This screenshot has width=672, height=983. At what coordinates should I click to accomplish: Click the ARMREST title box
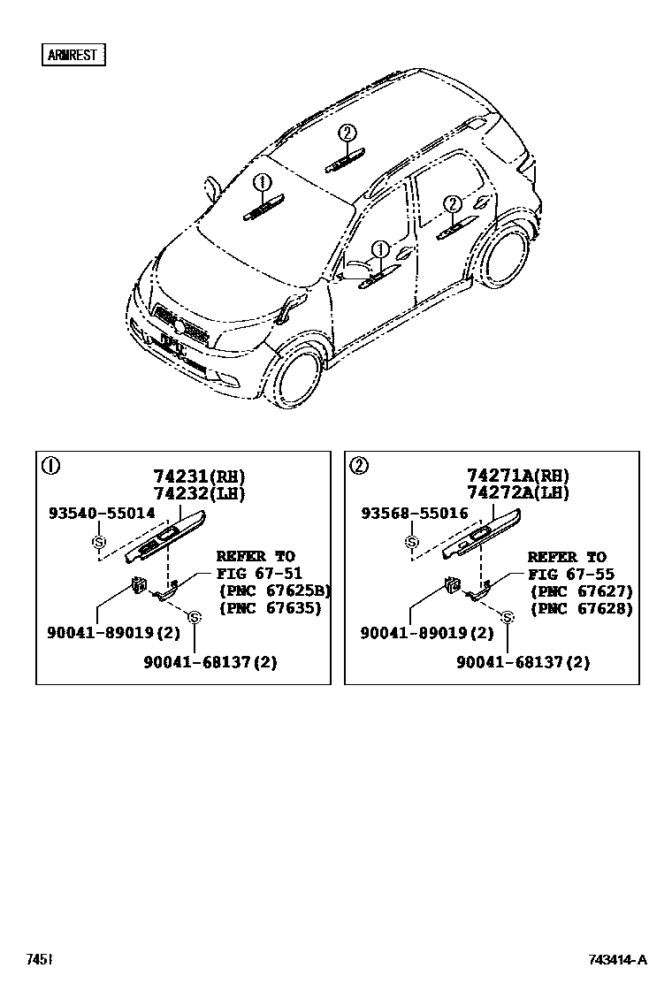pos(73,55)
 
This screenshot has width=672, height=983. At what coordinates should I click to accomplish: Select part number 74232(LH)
pos(200,494)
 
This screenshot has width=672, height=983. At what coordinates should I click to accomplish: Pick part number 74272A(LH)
pos(518,494)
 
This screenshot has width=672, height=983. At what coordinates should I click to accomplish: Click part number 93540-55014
pos(101,513)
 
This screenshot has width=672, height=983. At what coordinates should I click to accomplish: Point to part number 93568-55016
pos(414,513)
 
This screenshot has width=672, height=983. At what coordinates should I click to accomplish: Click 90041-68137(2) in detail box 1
pos(210,662)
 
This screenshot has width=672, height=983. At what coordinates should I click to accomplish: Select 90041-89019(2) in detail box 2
pos(426,633)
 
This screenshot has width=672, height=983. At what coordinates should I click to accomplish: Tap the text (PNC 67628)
pos(582,608)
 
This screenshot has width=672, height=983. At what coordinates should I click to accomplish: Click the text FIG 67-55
pos(566,574)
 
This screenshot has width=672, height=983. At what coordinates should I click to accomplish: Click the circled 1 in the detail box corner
pos(51,466)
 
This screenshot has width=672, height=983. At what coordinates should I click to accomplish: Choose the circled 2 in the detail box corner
pos(359,466)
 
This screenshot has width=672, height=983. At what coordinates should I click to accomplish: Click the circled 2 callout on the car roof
pos(347,133)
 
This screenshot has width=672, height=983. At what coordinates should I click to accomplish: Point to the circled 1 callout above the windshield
pos(261,183)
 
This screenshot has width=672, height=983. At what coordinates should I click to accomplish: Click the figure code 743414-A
pos(618,960)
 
